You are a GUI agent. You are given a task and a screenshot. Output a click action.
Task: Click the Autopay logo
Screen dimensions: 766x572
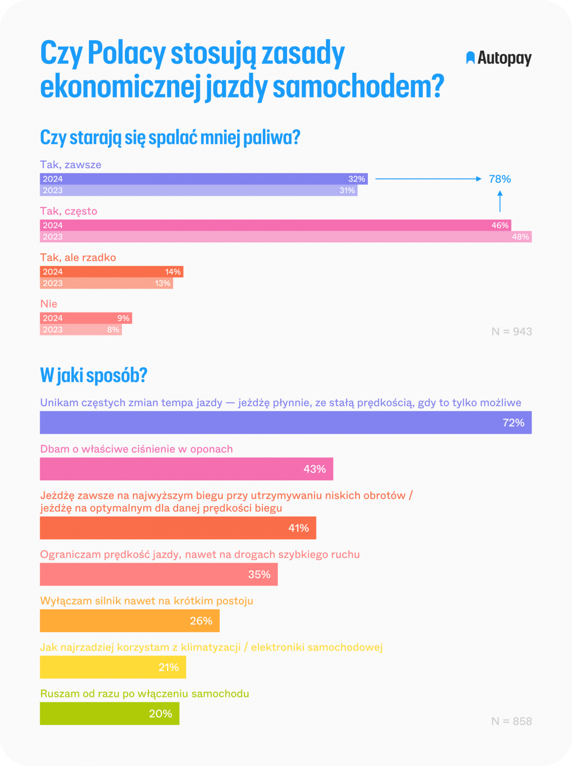(x=499, y=58)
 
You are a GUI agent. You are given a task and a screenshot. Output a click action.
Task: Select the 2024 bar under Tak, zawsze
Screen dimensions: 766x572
(x=203, y=179)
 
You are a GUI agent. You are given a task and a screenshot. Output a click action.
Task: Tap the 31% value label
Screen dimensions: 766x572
(x=347, y=190)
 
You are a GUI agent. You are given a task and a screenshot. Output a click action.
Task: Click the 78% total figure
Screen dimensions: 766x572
(x=500, y=179)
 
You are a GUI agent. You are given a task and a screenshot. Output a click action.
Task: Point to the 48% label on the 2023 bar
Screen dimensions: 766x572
(x=520, y=237)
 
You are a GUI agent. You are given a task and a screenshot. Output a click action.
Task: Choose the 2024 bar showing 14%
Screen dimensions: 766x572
(x=111, y=272)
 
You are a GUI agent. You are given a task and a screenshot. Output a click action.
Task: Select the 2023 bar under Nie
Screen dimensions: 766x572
(x=80, y=330)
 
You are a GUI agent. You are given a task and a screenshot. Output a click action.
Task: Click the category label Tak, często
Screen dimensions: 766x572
(x=69, y=211)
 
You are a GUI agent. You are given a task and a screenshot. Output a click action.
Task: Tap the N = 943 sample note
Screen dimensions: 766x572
(x=511, y=331)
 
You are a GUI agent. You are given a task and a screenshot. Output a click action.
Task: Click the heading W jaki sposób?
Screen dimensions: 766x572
(x=93, y=375)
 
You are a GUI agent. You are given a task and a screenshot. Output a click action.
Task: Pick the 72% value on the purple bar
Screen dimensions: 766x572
(x=513, y=423)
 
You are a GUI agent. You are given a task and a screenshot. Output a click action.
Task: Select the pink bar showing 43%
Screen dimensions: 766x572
(x=186, y=469)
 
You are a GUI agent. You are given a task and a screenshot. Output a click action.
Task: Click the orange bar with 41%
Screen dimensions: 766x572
(x=178, y=528)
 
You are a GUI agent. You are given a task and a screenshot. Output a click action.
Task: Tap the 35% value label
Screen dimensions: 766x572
(x=259, y=574)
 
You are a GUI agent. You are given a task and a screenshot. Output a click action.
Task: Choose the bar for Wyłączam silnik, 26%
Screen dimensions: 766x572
(x=129, y=621)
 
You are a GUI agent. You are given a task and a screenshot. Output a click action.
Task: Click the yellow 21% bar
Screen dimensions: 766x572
(x=113, y=667)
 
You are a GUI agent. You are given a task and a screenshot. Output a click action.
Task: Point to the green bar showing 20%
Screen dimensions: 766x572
(x=109, y=713)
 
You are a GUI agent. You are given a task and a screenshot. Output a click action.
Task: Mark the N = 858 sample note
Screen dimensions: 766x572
(x=511, y=721)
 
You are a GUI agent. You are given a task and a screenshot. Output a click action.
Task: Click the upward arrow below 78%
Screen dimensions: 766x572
(x=500, y=201)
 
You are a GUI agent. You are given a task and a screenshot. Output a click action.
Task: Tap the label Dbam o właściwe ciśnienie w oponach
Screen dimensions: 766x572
(x=136, y=449)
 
